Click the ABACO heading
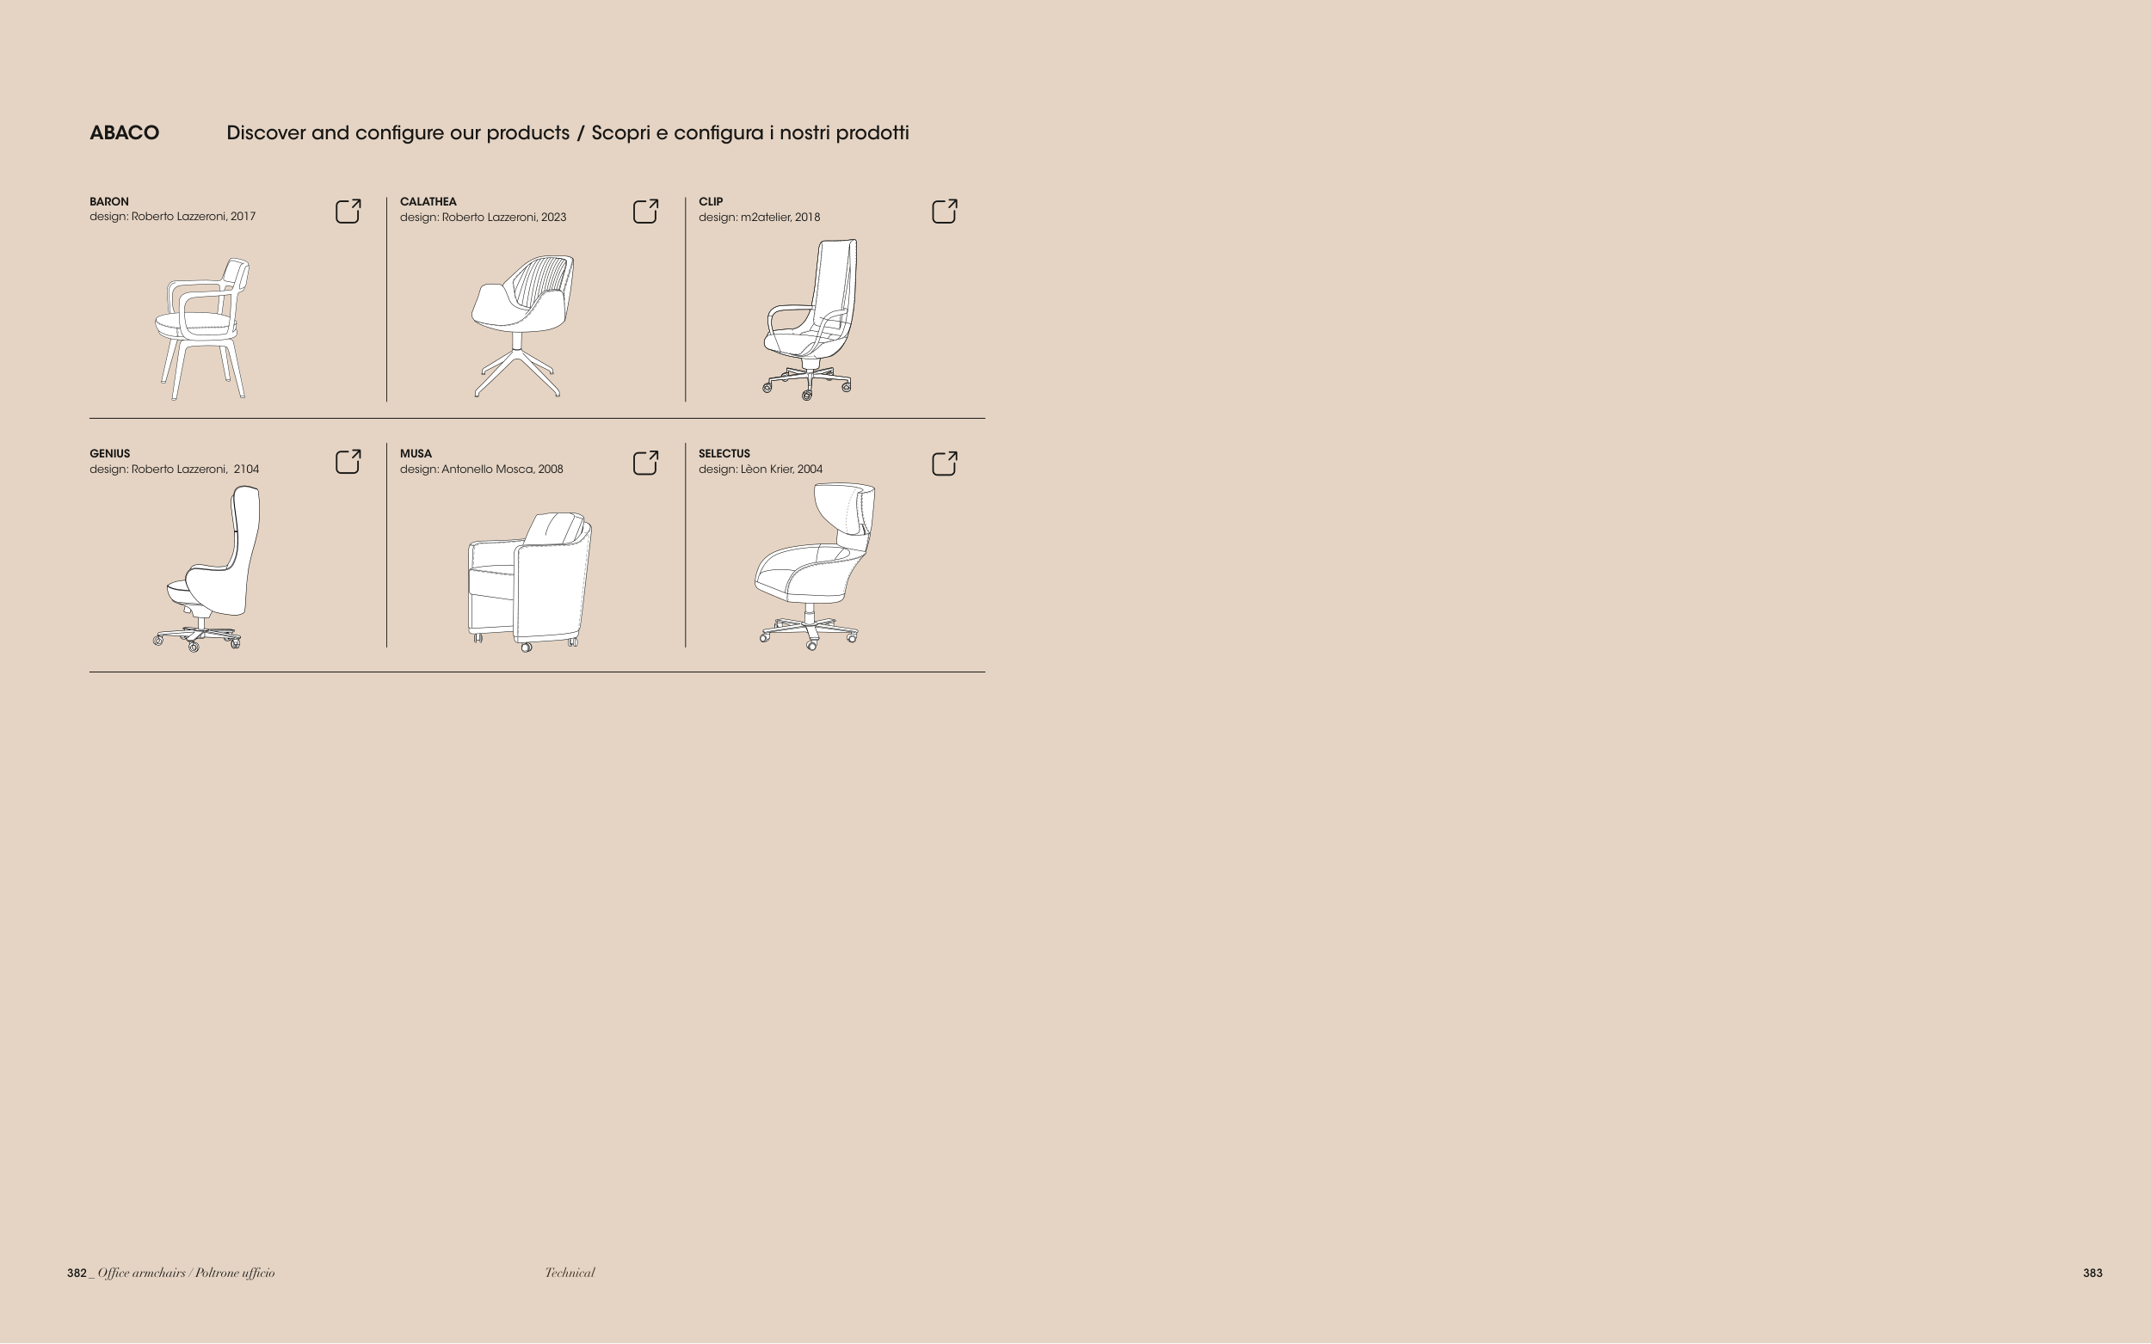[125, 133]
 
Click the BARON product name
[109, 202]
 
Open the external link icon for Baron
[348, 211]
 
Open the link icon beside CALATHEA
[645, 211]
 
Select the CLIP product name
[711, 202]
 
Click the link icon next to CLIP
[945, 211]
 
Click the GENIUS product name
[109, 453]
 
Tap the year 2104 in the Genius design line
[246, 469]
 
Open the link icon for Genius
[348, 463]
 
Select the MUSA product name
[416, 453]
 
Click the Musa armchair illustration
[530, 581]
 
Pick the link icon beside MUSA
[645, 463]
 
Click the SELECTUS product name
[724, 453]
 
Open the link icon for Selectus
[945, 463]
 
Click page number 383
[2092, 1273]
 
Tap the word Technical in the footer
[570, 1273]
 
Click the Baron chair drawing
[203, 328]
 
